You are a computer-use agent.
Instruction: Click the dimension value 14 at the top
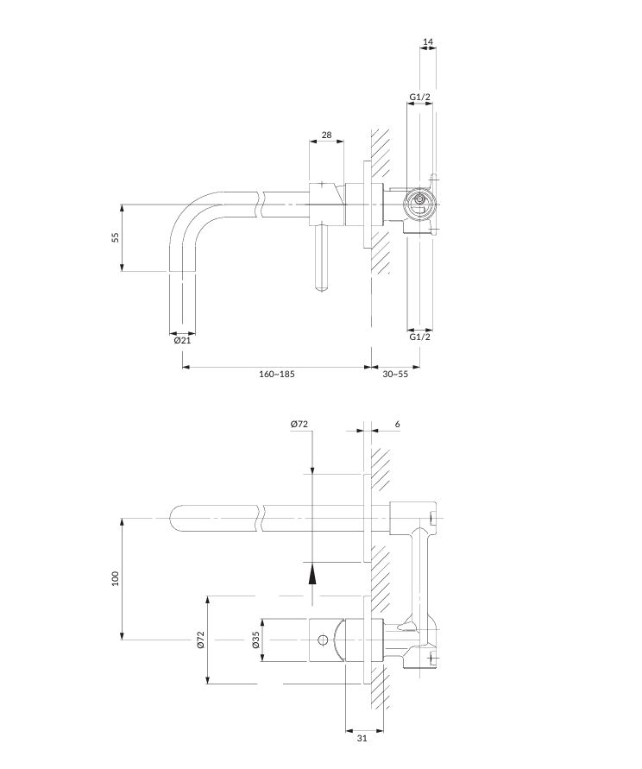pyautogui.click(x=428, y=42)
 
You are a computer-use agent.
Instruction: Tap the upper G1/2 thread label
pyautogui.click(x=420, y=98)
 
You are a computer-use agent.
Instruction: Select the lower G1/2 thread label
pyautogui.click(x=420, y=337)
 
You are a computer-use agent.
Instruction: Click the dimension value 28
pyautogui.click(x=327, y=135)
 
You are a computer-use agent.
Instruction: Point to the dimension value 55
pyautogui.click(x=116, y=237)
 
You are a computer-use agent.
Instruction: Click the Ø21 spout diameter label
pyautogui.click(x=182, y=340)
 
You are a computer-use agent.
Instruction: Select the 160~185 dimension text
pyautogui.click(x=277, y=375)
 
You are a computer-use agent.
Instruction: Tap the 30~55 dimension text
pyautogui.click(x=395, y=375)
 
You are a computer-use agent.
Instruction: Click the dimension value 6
pyautogui.click(x=397, y=425)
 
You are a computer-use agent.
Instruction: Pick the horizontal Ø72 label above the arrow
pyautogui.click(x=299, y=425)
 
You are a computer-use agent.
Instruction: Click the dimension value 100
pyautogui.click(x=116, y=579)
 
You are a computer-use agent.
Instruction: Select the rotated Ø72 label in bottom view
pyautogui.click(x=200, y=640)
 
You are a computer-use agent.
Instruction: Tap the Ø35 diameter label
pyautogui.click(x=255, y=640)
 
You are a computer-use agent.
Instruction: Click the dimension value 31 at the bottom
pyautogui.click(x=362, y=738)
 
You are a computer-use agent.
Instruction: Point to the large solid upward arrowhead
pyautogui.click(x=312, y=572)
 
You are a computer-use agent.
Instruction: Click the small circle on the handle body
pyautogui.click(x=322, y=640)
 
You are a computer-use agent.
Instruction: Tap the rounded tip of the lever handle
pyautogui.click(x=321, y=287)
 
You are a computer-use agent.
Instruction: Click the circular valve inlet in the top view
pyautogui.click(x=420, y=201)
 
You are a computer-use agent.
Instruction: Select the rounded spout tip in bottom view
pyautogui.click(x=175, y=518)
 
